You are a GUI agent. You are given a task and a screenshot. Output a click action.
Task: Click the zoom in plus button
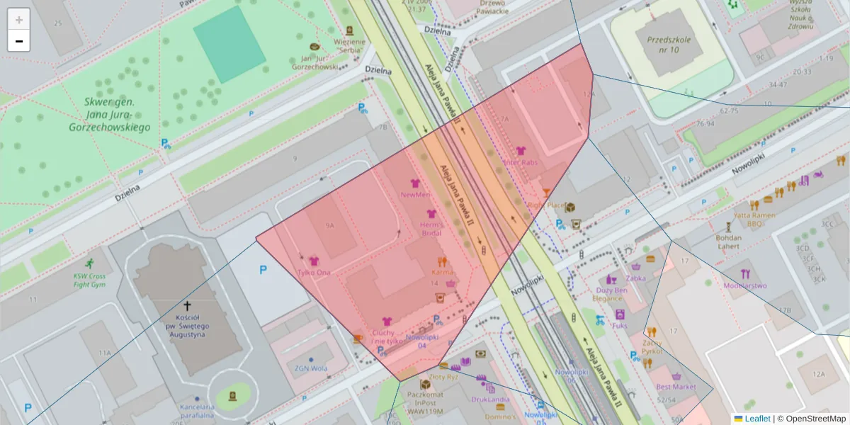click(19, 20)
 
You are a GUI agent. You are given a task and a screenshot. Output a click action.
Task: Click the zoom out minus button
click(19, 41)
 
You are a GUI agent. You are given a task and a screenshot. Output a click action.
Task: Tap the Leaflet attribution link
click(756, 419)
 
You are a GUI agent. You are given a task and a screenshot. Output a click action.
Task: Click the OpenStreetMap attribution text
click(815, 419)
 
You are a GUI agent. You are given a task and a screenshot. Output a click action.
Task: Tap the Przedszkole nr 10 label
click(663, 45)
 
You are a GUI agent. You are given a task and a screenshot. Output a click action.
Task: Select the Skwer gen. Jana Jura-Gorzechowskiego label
click(109, 115)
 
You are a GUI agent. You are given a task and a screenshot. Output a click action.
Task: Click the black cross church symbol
click(188, 306)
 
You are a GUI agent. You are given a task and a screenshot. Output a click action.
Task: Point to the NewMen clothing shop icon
click(415, 183)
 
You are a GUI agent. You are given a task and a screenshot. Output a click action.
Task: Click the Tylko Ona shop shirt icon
click(314, 261)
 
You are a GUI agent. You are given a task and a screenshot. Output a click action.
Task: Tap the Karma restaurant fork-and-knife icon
click(442, 261)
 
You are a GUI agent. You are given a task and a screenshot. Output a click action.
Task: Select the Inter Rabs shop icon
click(521, 151)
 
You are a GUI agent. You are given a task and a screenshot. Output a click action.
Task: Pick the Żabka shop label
click(635, 278)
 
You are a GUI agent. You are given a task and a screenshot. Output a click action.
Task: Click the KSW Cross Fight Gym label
click(89, 280)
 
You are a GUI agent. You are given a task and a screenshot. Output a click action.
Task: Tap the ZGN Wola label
click(311, 368)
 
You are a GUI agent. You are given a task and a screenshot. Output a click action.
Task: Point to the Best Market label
click(676, 387)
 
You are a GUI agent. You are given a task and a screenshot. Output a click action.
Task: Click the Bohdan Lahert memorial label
click(728, 242)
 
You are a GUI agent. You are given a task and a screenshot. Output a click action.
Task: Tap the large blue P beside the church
click(263, 270)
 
